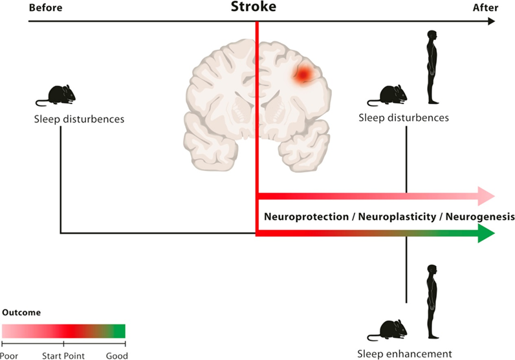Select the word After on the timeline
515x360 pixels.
(486, 7)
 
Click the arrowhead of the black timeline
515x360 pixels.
(491, 21)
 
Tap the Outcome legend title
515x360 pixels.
(21, 312)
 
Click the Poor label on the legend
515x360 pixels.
(9, 355)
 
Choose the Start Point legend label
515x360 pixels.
(64, 355)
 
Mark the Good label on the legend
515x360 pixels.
(117, 355)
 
